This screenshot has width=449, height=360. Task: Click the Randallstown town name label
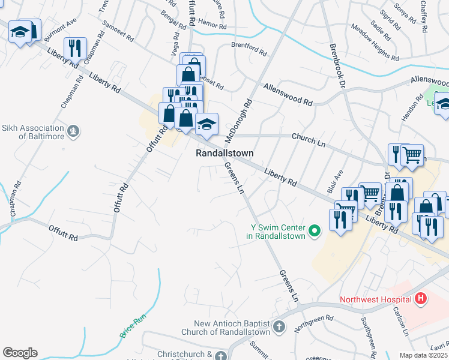[225, 154]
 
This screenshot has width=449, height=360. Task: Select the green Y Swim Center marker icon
[313, 230]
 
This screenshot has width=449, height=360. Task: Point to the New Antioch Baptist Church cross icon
[278, 327]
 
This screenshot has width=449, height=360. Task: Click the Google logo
[20, 353]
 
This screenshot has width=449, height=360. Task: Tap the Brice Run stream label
[133, 326]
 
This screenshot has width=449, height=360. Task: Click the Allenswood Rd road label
[288, 95]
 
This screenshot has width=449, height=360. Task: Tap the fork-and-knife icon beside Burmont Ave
[76, 47]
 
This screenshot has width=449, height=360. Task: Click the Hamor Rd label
[213, 27]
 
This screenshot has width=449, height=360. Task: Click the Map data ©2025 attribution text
[423, 355]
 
